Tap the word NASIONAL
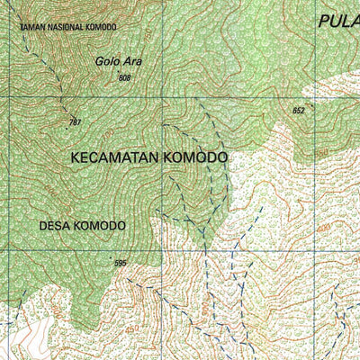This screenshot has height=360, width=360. (x=66, y=27)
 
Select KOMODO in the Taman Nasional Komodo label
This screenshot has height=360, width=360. (x=102, y=27)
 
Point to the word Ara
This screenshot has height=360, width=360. (x=133, y=62)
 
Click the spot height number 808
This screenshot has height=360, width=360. (x=124, y=79)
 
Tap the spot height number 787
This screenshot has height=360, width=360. (x=75, y=121)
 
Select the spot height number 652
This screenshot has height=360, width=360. (x=299, y=111)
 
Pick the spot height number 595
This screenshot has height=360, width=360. (x=121, y=263)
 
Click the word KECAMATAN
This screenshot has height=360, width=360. (x=115, y=157)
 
